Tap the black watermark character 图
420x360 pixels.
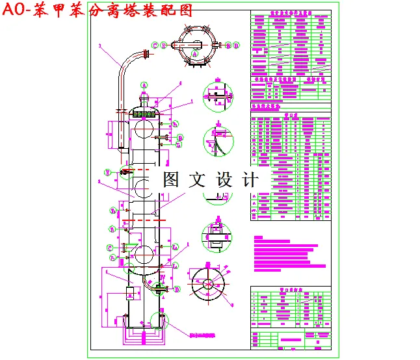(171, 180)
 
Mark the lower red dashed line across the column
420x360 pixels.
(144, 221)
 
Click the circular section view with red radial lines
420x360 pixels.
(209, 285)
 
